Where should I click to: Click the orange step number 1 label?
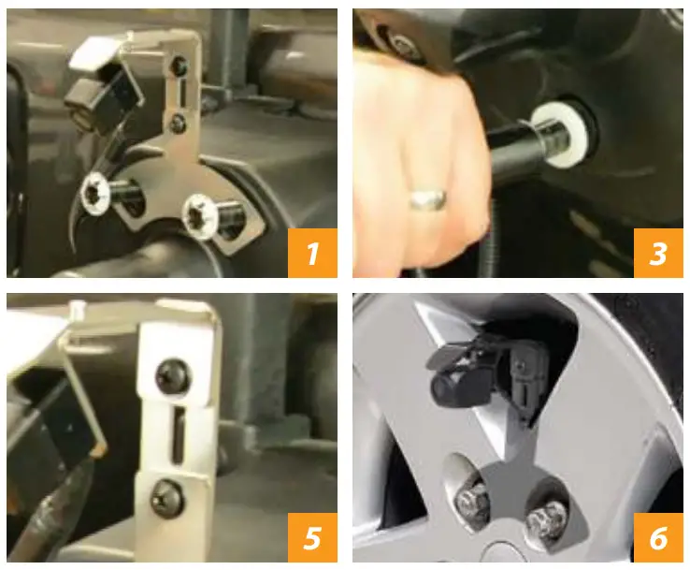pyautogui.click(x=311, y=253)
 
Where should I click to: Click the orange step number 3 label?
pyautogui.click(x=658, y=253)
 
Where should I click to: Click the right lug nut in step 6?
pyautogui.click(x=545, y=518)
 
